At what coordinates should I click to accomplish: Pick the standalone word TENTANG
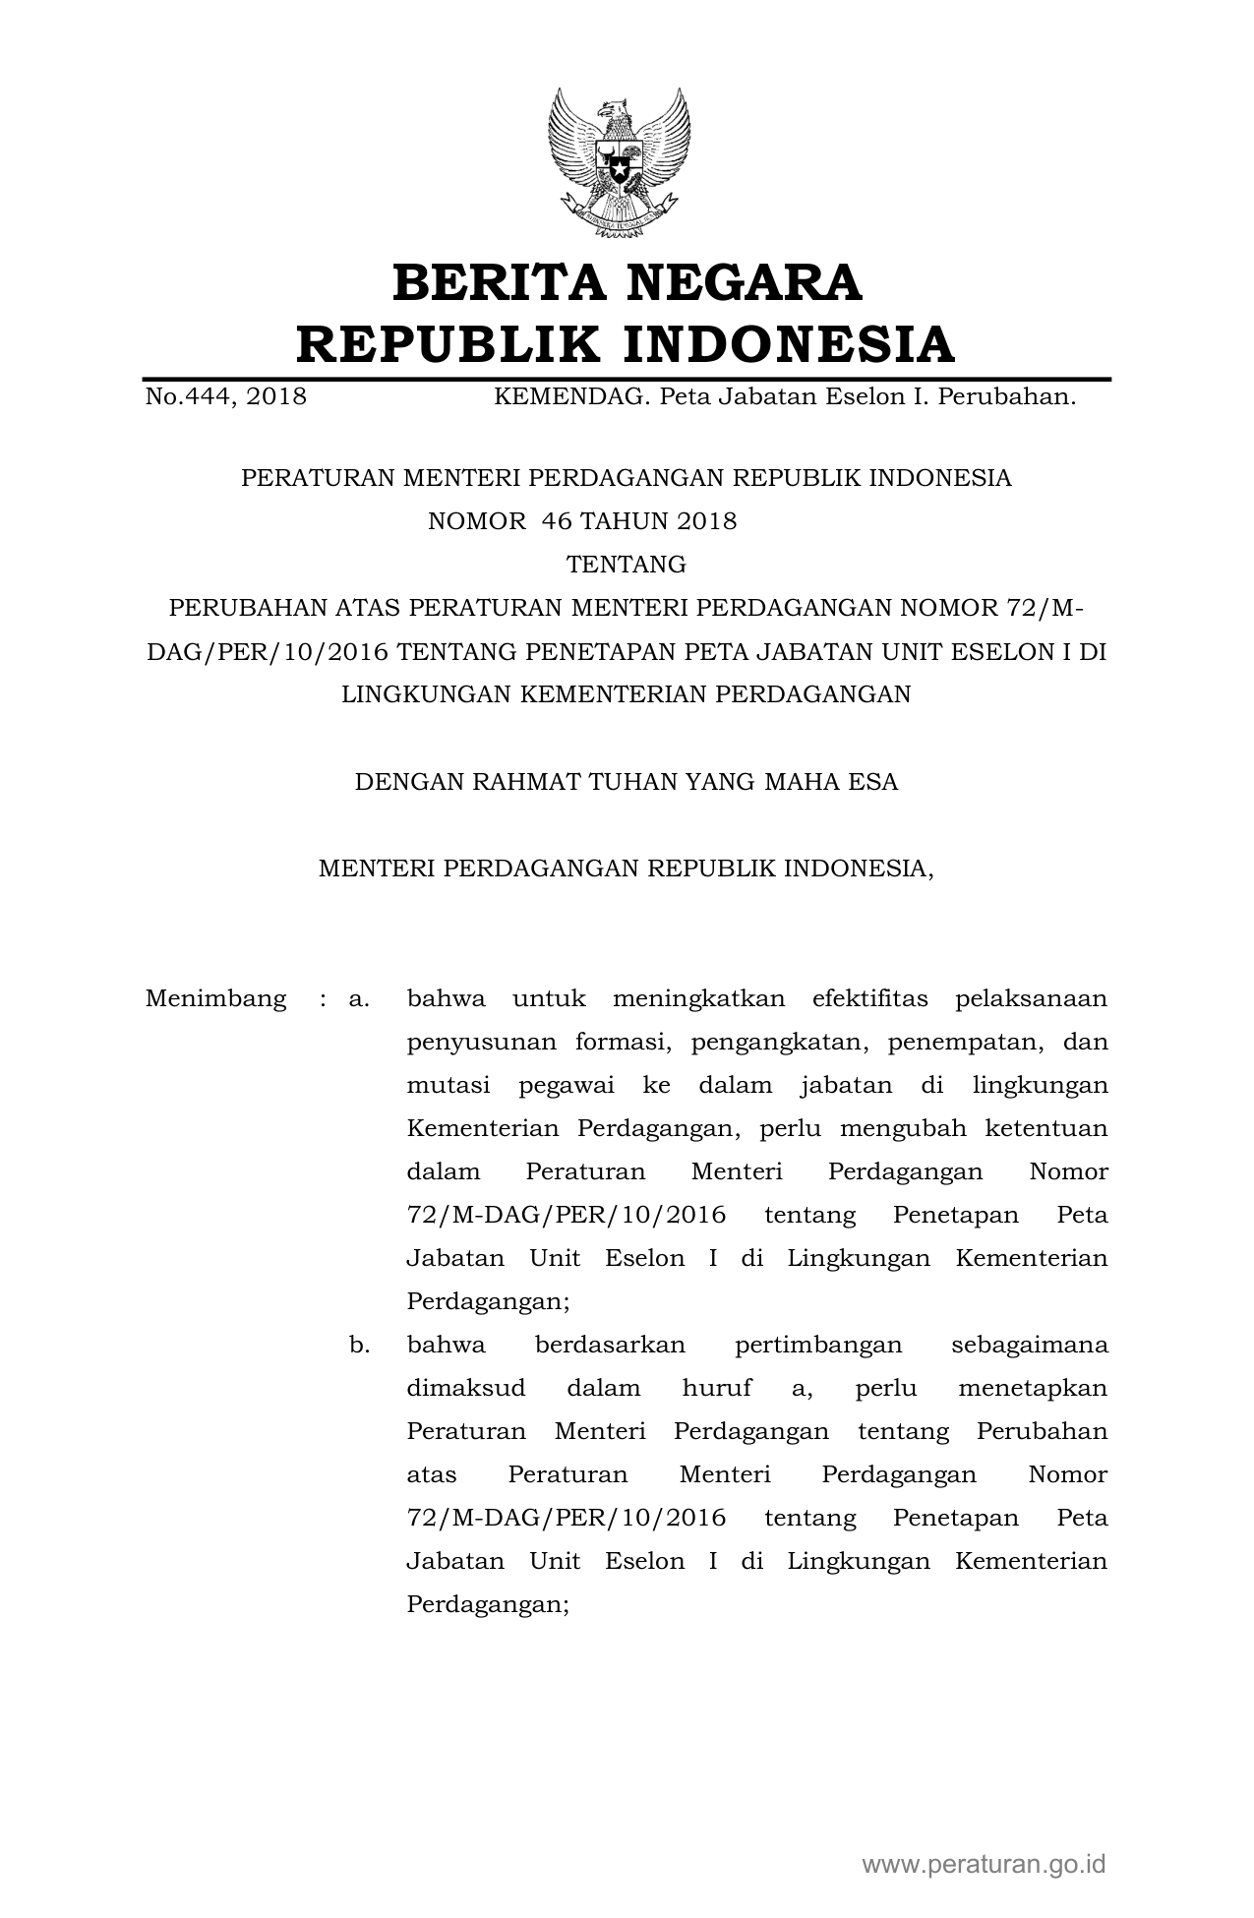point(627,565)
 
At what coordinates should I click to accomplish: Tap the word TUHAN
point(631,783)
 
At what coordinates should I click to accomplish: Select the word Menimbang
point(216,999)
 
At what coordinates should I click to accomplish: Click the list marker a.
point(359,999)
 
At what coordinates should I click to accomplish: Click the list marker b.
point(359,1346)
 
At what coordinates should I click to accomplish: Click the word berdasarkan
point(610,1346)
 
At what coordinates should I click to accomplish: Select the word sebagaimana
point(1030,1346)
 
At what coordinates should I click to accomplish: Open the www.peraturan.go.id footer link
point(985,1865)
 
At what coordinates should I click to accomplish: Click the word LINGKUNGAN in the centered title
point(425,694)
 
